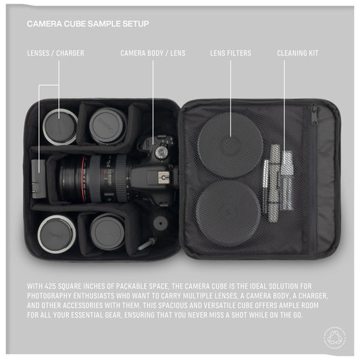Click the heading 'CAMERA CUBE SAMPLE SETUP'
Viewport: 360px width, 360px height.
tap(88, 24)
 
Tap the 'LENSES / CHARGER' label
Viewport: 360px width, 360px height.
tap(55, 53)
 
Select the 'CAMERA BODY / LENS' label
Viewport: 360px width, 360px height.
tap(153, 53)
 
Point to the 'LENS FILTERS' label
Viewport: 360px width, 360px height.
tap(230, 53)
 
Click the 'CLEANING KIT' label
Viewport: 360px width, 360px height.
tap(297, 53)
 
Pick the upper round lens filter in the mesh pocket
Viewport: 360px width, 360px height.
tap(230, 145)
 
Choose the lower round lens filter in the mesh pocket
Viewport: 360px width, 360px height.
tap(227, 203)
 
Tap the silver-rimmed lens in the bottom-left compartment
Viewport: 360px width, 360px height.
tap(56, 232)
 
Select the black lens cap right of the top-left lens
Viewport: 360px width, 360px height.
tap(107, 126)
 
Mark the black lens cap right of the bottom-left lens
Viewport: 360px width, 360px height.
tap(108, 232)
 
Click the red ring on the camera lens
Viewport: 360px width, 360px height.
tap(86, 178)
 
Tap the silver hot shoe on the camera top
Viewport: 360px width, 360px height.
tap(164, 177)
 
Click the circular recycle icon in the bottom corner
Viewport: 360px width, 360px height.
tap(334, 336)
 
